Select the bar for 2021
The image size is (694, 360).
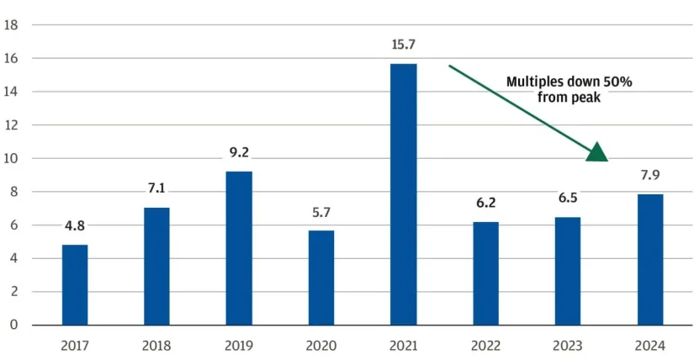pyautogui.click(x=403, y=194)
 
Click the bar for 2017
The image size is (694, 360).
pyautogui.click(x=75, y=284)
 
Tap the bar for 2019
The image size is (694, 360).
pyautogui.click(x=239, y=248)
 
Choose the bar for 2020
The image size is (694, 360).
pyautogui.click(x=321, y=278)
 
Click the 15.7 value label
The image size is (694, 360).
pyautogui.click(x=404, y=45)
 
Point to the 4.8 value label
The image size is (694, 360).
pyautogui.click(x=75, y=225)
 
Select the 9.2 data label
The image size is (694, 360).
pyautogui.click(x=239, y=153)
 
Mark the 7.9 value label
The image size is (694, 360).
pyautogui.click(x=650, y=174)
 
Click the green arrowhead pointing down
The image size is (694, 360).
pyautogui.click(x=596, y=151)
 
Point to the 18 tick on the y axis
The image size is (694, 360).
pyautogui.click(x=12, y=25)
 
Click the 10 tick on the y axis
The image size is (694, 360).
pyautogui.click(x=12, y=158)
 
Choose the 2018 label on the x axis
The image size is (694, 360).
pyautogui.click(x=156, y=346)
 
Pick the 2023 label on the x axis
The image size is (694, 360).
pyautogui.click(x=568, y=346)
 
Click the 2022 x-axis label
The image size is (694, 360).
pyautogui.click(x=486, y=346)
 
